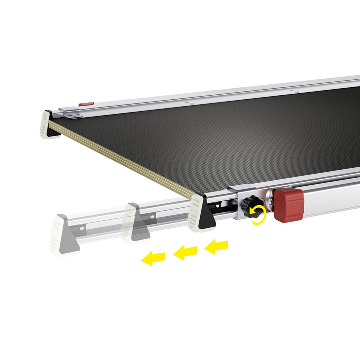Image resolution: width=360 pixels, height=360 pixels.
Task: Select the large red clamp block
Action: (289, 205)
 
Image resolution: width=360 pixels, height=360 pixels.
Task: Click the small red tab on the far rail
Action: (86, 104)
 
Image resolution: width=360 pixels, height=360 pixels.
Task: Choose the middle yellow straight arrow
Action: (185, 252)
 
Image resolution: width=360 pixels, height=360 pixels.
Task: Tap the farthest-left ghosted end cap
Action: (63, 235)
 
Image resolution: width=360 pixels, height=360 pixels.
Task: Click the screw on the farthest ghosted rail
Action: (81, 228)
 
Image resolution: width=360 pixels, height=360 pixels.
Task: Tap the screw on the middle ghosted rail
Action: (152, 217)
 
